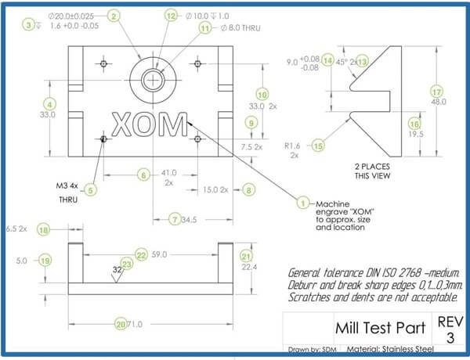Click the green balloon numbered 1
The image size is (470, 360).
pos(302,201)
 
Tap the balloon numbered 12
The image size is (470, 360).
pos(172,16)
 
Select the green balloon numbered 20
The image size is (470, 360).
pos(120,323)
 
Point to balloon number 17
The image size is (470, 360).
pos(436,91)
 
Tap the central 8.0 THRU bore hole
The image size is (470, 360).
pos(156,79)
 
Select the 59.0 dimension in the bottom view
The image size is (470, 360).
pos(161,254)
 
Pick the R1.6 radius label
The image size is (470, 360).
pos(291,145)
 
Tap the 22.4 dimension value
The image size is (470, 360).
pos(247,268)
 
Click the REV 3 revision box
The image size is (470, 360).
pos(446,329)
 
